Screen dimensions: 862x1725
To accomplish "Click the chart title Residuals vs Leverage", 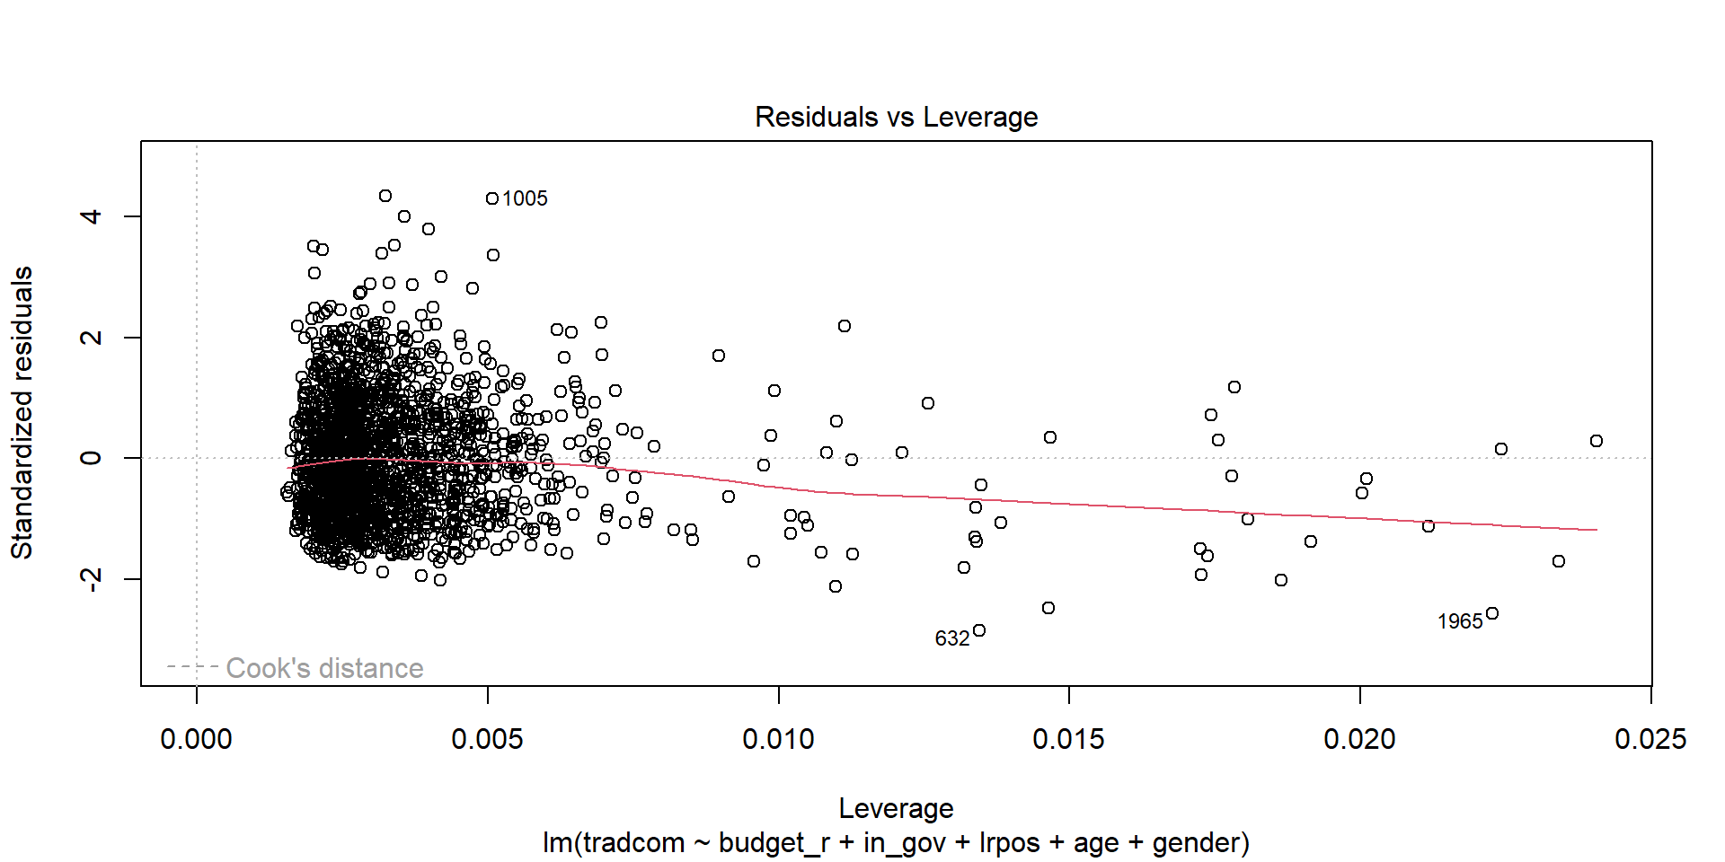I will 896,117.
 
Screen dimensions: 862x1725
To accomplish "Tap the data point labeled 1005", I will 492,198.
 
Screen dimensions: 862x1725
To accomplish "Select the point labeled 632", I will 979,630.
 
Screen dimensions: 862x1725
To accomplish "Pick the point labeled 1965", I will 1492,613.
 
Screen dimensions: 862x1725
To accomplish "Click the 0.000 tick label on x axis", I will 196,739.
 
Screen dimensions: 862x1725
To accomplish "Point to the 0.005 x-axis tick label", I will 487,739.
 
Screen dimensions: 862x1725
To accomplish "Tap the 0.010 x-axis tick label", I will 778,739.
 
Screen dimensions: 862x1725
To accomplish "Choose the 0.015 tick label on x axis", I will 1068,739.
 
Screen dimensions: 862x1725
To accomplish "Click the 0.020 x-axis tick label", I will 1359,739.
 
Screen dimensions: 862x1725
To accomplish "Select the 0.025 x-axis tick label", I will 1650,739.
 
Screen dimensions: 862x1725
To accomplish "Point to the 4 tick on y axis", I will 91,216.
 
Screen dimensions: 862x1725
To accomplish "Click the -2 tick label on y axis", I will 91,579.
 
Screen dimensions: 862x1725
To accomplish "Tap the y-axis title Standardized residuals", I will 22,413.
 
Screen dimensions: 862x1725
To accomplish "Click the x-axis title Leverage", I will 896,808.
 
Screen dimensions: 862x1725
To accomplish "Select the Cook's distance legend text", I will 324,668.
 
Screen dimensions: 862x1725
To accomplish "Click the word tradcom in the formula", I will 633,843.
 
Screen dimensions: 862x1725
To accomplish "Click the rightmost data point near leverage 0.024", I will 1597,441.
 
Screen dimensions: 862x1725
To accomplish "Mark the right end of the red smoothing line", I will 1597,530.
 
